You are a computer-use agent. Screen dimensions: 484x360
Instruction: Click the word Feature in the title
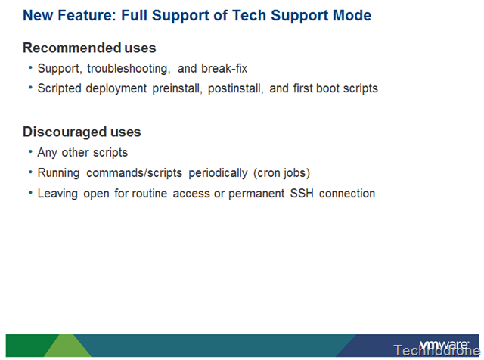87,15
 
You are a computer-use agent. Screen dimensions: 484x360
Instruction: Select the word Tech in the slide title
249,15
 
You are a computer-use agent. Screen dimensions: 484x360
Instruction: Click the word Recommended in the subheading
72,48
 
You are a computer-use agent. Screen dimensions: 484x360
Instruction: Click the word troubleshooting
129,69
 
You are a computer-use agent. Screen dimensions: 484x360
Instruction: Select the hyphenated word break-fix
224,68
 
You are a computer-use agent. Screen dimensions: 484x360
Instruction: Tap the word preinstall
177,88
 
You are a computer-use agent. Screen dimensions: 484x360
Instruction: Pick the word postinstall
235,88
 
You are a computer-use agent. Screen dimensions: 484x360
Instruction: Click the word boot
327,88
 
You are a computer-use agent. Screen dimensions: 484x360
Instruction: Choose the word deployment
116,88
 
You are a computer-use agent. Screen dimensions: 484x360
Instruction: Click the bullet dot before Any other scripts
30,151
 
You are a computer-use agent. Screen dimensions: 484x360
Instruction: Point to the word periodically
218,173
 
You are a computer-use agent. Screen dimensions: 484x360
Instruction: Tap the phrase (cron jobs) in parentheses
281,173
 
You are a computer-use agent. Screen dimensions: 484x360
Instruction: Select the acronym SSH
302,194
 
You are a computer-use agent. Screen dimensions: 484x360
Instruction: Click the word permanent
256,194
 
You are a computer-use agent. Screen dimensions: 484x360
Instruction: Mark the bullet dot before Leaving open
30,192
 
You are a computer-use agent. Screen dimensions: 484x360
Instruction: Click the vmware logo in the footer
444,345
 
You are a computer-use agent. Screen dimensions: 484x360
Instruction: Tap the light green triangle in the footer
68,346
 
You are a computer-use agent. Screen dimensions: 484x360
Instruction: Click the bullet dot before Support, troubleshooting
30,67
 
